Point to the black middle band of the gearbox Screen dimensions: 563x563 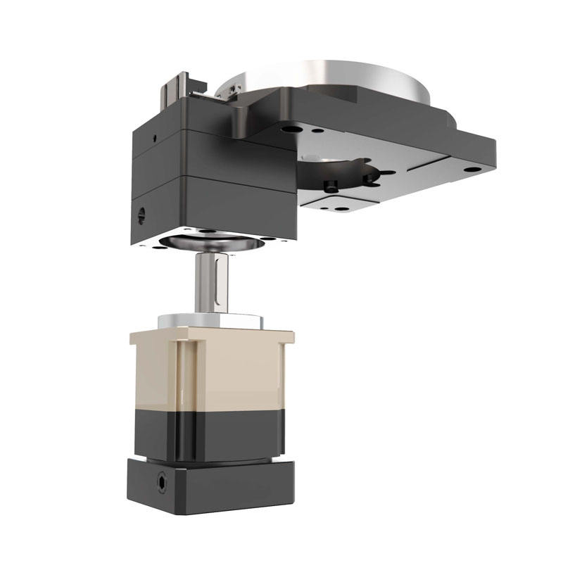pyautogui.click(x=211, y=433)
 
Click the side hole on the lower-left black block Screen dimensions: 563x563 pyautogui.click(x=141, y=210)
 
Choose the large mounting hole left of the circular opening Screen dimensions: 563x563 pyautogui.click(x=289, y=131)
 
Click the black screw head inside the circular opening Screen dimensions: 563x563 pyautogui.click(x=329, y=185)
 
